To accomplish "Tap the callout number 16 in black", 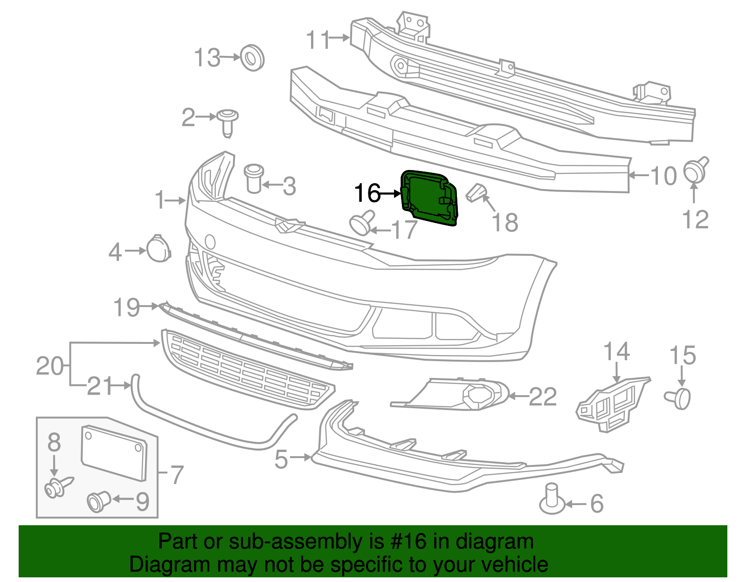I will [367, 193].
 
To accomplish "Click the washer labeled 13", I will [252, 58].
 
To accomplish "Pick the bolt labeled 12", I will [695, 170].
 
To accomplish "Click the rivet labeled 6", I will [552, 500].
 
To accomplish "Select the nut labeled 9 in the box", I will [98, 501].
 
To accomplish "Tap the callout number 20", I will [50, 366].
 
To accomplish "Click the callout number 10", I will [663, 176].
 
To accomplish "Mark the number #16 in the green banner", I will [406, 541].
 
